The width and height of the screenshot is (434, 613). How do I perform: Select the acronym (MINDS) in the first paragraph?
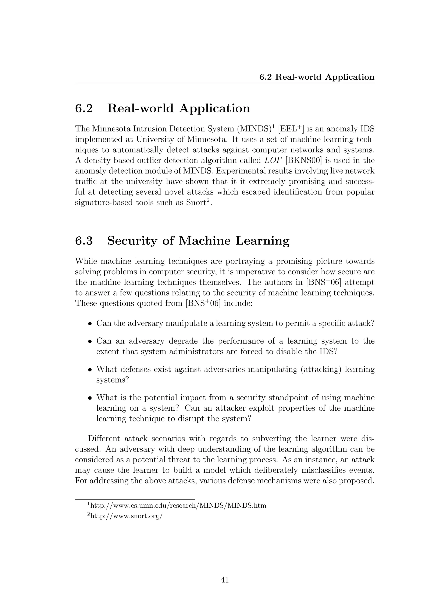tap(254, 129)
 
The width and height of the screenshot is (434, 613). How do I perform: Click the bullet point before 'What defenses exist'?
tap(90, 370)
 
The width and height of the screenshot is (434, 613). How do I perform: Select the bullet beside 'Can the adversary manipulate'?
tap(90, 324)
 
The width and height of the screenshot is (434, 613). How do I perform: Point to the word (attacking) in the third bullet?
tap(321, 370)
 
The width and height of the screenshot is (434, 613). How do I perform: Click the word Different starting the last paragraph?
tap(104, 439)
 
